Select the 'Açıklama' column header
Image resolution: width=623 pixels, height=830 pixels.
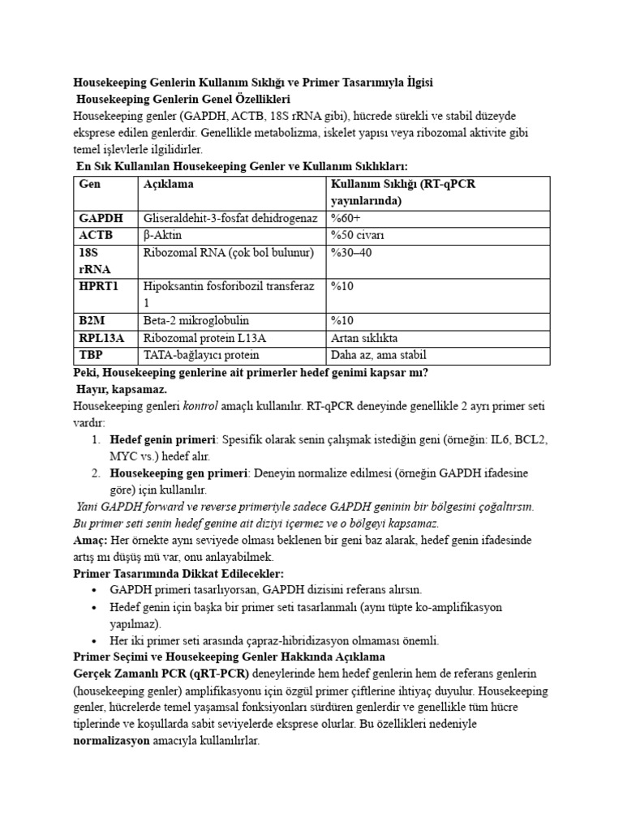click(169, 185)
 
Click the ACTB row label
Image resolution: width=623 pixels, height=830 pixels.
click(96, 235)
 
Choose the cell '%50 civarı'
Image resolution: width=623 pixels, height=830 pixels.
click(357, 235)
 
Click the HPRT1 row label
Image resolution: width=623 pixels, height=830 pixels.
click(99, 286)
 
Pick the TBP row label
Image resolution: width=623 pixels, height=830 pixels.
click(92, 355)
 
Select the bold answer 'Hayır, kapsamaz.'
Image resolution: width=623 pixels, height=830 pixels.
click(121, 389)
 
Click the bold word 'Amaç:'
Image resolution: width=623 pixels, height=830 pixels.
click(92, 541)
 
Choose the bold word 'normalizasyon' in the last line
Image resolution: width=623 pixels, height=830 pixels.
click(112, 741)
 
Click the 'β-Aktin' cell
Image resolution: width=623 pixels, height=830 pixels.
click(163, 235)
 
